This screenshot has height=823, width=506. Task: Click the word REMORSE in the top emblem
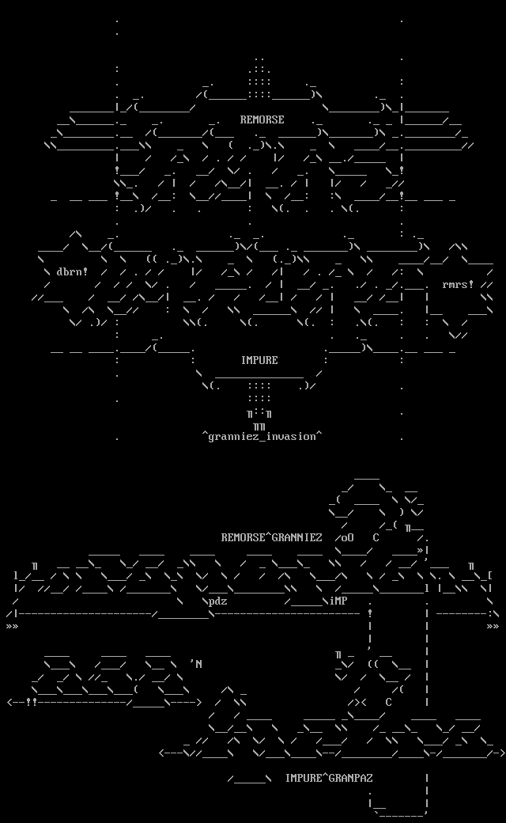[262, 119]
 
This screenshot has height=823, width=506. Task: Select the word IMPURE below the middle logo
[259, 360]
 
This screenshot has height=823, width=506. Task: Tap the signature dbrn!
[72, 271]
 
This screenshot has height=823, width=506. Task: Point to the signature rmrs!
[458, 285]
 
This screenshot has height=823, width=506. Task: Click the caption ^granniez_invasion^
[262, 436]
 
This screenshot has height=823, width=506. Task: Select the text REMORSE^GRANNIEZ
[271, 537]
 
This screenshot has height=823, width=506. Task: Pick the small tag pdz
[218, 601]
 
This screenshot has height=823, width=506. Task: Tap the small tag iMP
[338, 601]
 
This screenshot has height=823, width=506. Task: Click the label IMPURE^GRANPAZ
[329, 778]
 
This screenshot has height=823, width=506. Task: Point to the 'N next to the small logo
[196, 663]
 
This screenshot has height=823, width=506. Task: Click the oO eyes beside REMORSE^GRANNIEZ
[348, 537]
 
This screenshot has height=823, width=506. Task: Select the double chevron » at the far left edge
[12, 626]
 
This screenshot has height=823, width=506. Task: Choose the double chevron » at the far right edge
[493, 626]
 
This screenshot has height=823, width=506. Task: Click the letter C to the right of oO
[376, 537]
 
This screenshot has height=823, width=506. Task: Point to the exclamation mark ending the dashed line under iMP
[370, 613]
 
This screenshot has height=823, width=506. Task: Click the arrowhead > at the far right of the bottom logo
[502, 753]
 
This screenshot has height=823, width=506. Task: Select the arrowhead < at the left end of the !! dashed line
[10, 702]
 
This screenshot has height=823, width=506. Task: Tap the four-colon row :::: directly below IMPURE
[259, 385]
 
